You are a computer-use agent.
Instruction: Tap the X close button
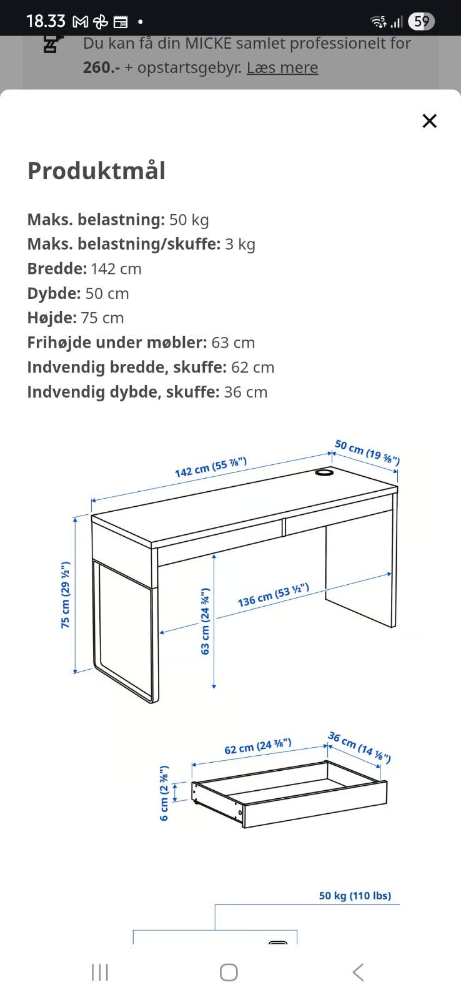(429, 121)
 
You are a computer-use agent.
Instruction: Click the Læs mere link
(282, 67)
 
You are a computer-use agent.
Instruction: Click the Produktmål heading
(96, 171)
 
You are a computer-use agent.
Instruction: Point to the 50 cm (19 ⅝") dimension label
(367, 453)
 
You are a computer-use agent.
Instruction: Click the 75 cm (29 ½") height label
(65, 595)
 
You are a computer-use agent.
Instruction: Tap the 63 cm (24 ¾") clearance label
(205, 621)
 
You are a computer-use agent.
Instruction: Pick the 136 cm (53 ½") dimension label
(273, 595)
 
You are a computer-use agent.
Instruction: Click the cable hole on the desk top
(324, 473)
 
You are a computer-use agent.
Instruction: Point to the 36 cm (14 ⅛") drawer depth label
(360, 747)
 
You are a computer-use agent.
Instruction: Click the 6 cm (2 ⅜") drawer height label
(164, 793)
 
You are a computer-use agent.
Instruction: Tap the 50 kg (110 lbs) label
(355, 896)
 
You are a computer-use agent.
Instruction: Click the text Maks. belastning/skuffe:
(124, 244)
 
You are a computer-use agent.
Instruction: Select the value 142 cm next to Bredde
(116, 269)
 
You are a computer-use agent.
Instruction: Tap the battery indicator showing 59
(421, 22)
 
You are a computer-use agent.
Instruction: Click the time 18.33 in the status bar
(46, 21)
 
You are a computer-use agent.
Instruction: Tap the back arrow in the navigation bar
(358, 972)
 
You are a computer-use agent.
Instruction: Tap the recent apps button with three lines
(100, 972)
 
